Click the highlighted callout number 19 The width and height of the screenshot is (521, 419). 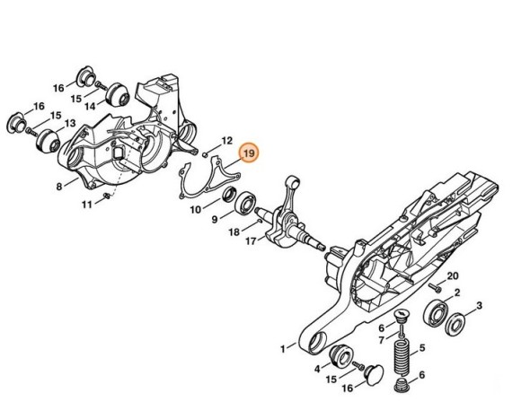point(250,153)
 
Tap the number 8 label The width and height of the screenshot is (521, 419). point(58,187)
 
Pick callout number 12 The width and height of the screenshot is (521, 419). point(226,140)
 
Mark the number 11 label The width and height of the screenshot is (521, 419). point(87,204)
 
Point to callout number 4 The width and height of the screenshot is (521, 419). point(317,367)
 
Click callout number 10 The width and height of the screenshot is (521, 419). point(195,209)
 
